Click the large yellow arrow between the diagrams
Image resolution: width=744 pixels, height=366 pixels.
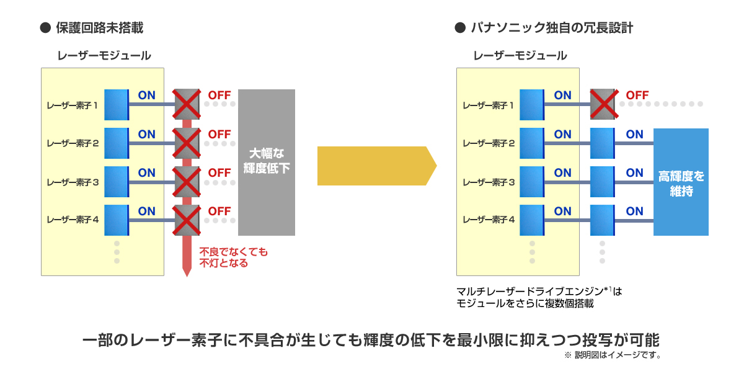point(375,166)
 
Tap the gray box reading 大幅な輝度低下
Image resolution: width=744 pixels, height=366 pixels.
point(266,162)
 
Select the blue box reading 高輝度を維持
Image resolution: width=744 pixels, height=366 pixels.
point(681,182)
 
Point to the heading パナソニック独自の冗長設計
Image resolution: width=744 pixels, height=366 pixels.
point(551,28)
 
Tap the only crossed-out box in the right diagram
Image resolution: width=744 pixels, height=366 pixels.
point(602,104)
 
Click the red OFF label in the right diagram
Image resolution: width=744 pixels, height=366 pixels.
point(637,96)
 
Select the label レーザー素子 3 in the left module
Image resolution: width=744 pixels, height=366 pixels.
point(73,182)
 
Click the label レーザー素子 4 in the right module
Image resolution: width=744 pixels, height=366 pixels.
point(488,220)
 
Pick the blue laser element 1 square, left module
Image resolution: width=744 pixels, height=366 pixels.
point(116,104)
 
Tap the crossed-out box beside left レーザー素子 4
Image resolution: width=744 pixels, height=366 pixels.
point(186,220)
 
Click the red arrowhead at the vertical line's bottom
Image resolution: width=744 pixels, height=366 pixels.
point(186,271)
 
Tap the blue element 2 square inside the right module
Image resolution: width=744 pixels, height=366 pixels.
point(531,143)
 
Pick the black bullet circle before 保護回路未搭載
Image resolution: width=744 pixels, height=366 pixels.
point(44,28)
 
